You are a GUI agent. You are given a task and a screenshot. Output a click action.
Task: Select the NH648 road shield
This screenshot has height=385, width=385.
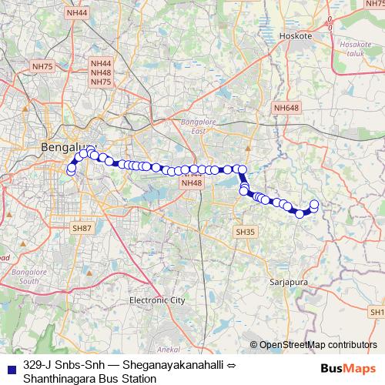286,108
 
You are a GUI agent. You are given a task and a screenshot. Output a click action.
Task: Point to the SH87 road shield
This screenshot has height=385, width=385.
82,229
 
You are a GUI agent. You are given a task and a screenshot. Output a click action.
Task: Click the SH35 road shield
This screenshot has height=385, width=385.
245,231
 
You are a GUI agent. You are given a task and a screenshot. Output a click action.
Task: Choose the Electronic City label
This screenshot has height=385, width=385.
157,300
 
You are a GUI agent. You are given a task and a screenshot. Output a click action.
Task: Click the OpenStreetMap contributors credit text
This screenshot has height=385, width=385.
318,345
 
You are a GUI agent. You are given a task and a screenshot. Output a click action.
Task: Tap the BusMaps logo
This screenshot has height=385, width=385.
348,368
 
